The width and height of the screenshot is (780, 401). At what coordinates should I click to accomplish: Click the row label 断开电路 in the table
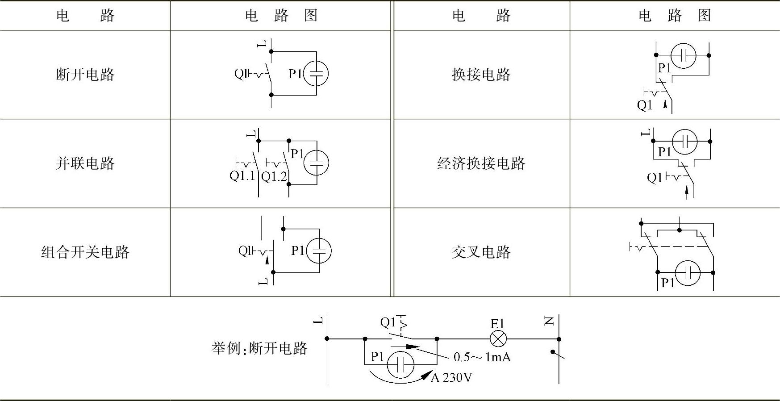(x=85, y=74)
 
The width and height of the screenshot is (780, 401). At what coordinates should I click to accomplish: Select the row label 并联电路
(x=85, y=163)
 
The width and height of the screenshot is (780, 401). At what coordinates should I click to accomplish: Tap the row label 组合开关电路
(x=85, y=252)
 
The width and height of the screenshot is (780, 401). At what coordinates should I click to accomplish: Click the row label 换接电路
(x=481, y=74)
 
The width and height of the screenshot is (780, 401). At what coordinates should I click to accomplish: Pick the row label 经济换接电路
(x=481, y=163)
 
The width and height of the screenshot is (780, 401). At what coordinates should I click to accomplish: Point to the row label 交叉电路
(x=481, y=252)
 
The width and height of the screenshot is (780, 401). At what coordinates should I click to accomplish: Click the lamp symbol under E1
(x=498, y=339)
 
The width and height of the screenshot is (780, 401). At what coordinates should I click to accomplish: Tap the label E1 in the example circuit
(x=497, y=324)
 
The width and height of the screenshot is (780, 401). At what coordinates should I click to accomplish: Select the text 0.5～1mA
(x=482, y=357)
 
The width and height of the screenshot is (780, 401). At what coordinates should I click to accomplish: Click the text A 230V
(x=451, y=378)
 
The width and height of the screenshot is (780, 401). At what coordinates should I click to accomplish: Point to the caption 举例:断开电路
(x=259, y=348)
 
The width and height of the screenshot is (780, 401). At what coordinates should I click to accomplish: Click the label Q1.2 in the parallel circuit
(x=274, y=177)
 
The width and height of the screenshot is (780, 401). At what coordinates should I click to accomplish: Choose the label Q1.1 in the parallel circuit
(x=242, y=175)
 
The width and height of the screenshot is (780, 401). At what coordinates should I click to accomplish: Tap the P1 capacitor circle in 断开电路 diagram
(x=316, y=74)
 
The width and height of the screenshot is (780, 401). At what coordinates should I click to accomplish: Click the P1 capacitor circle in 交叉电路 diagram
(x=688, y=272)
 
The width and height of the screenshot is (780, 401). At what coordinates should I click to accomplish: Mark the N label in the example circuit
(x=549, y=321)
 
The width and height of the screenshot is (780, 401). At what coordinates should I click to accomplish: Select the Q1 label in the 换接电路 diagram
(x=645, y=105)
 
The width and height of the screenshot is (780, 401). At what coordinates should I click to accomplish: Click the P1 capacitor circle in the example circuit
(x=400, y=365)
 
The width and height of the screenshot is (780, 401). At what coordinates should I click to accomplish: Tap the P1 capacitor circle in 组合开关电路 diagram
(x=319, y=251)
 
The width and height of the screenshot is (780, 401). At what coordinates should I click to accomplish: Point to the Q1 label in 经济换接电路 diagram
(x=654, y=178)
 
